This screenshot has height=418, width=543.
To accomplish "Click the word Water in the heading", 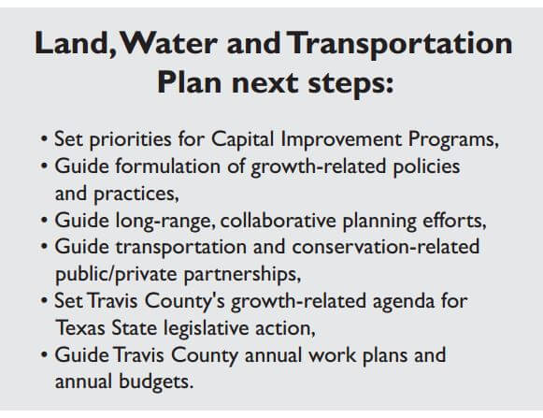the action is [169, 43].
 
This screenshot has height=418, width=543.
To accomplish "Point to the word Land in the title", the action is [72, 43].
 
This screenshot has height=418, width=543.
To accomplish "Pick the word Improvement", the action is [341, 140].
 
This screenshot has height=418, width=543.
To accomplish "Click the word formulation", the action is [168, 166].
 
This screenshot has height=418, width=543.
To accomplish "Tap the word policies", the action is [426, 167].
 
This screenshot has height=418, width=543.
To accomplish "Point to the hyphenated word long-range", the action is [163, 222].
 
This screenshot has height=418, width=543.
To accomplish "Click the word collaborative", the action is [279, 221].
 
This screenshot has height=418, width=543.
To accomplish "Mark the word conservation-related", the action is [386, 247].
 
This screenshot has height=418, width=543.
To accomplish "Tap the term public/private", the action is [116, 275].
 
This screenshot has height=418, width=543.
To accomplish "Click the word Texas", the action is [80, 327].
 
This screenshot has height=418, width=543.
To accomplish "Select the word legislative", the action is [206, 328].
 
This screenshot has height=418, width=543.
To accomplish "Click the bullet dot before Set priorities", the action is [44, 139].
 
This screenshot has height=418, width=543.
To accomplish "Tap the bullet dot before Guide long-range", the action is [44, 220].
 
